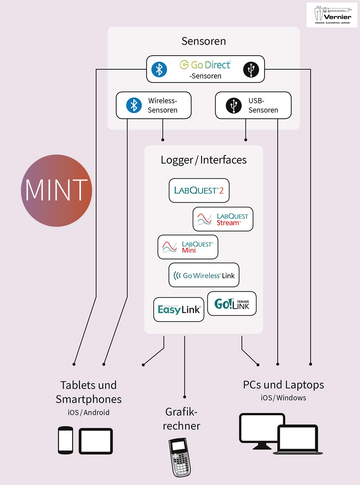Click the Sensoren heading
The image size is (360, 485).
pyautogui.click(x=203, y=43)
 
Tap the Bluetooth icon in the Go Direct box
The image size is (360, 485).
pyautogui.click(x=157, y=69)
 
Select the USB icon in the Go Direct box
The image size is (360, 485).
pyautogui.click(x=248, y=69)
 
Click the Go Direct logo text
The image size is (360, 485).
pyautogui.click(x=204, y=66)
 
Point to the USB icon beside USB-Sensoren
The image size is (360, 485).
pyautogui.click(x=233, y=104)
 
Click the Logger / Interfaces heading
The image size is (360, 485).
pyautogui.click(x=203, y=160)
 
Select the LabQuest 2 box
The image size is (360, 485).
pyautogui.click(x=199, y=190)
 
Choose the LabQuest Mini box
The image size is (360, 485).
pyautogui.click(x=188, y=246)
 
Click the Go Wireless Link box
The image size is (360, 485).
pyautogui.click(x=204, y=275)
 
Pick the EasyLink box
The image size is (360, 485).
pyautogui.click(x=178, y=310)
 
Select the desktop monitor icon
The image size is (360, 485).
pyautogui.click(x=258, y=431)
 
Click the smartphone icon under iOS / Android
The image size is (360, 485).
pyautogui.click(x=66, y=439)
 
